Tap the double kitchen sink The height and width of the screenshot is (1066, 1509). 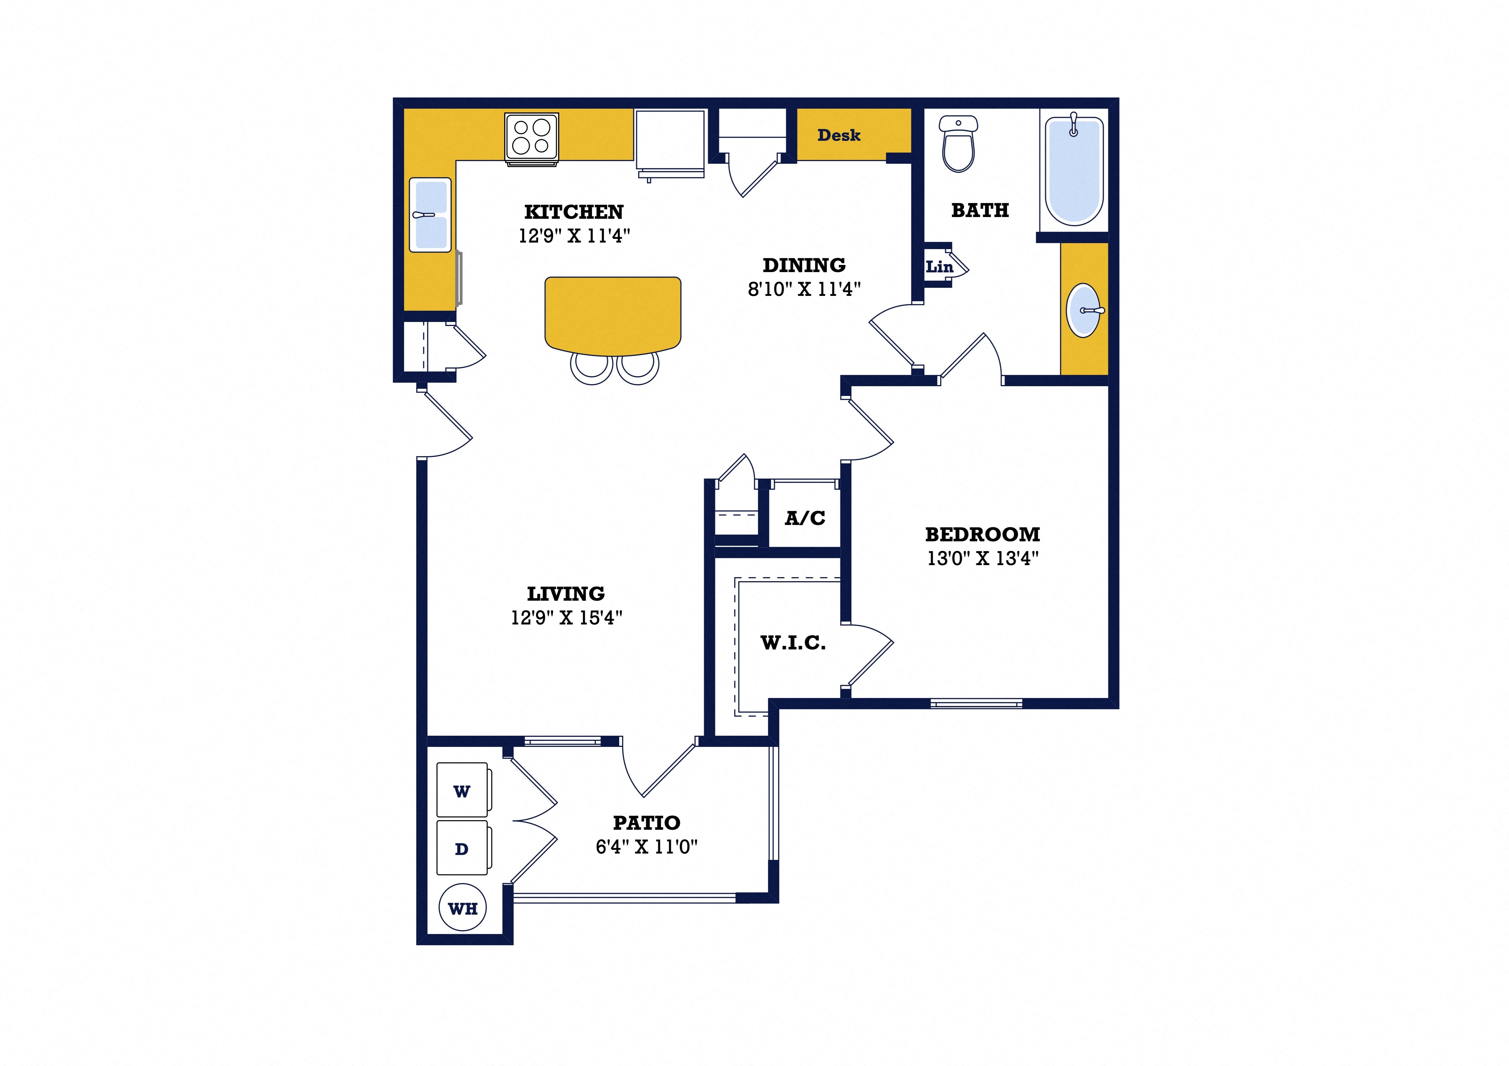pyautogui.click(x=430, y=215)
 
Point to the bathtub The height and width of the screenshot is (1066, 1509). pyautogui.click(x=1074, y=171)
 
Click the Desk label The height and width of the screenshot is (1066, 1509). pyautogui.click(x=839, y=135)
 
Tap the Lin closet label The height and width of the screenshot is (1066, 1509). pyautogui.click(x=939, y=267)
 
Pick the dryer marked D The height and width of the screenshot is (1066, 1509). pyautogui.click(x=462, y=848)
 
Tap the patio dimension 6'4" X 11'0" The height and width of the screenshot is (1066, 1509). pyautogui.click(x=647, y=847)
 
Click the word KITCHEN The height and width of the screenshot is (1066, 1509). pyautogui.click(x=574, y=212)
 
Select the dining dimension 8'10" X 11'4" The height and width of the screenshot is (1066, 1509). pyautogui.click(x=804, y=289)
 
